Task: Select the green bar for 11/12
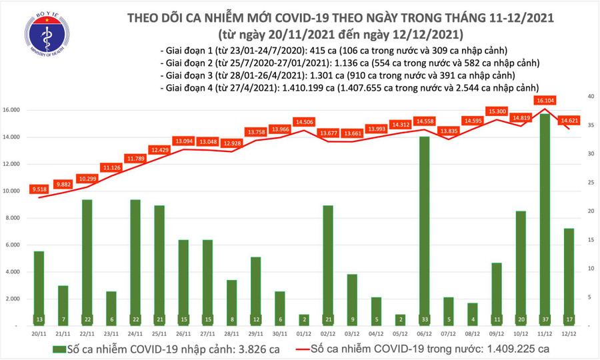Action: (x=545, y=213)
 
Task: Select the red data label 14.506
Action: (x=304, y=121)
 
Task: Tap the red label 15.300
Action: (x=497, y=111)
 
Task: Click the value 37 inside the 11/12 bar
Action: (x=545, y=319)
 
